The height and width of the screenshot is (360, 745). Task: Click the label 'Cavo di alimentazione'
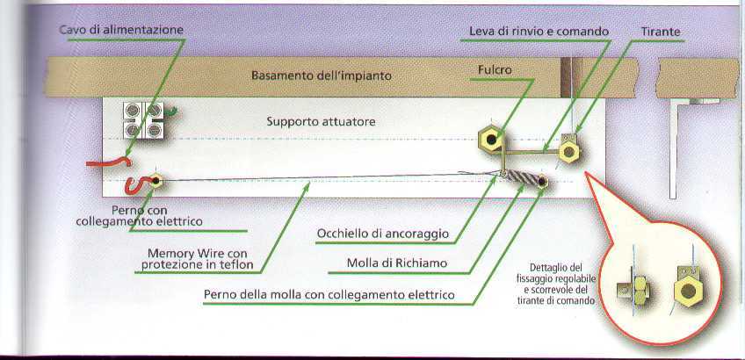(121, 30)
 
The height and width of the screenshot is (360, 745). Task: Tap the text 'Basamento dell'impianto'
(322, 76)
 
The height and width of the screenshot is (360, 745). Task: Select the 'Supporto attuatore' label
(321, 121)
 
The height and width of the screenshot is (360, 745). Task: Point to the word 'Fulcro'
(495, 70)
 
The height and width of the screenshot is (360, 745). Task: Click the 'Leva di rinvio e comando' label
(539, 32)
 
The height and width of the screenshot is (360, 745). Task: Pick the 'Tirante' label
(661, 32)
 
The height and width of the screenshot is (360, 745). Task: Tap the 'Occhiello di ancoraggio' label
(383, 234)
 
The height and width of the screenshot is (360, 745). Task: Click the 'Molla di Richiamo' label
(397, 263)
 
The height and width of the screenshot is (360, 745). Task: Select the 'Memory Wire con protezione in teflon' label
(197, 259)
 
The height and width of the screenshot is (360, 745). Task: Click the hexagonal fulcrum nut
(491, 139)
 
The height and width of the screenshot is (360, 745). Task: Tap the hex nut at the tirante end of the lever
(568, 152)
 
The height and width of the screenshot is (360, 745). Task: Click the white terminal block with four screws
(143, 120)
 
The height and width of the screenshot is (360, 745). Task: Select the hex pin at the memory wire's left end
(156, 181)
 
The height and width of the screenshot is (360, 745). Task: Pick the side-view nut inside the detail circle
(639, 291)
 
